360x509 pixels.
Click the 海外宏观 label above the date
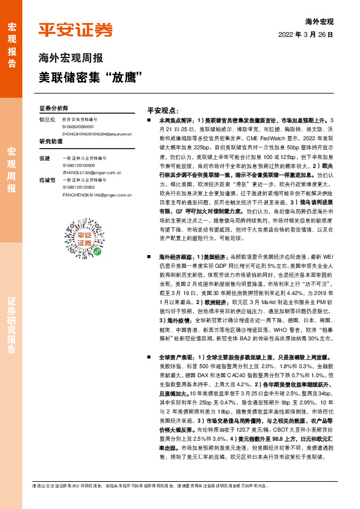point(320,22)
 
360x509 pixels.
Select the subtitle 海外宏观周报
point(71,59)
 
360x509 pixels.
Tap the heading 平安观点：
point(162,111)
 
